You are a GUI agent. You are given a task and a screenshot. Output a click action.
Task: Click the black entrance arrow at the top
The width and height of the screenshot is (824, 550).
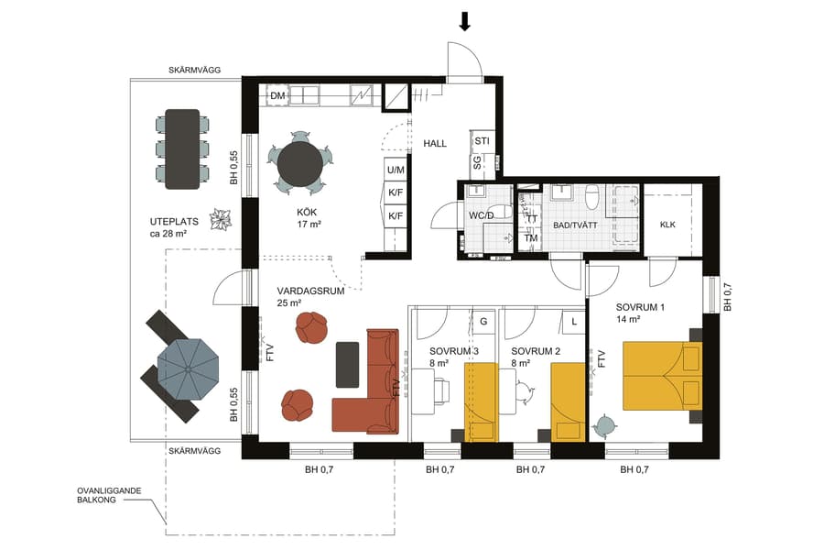pyautogui.click(x=465, y=21)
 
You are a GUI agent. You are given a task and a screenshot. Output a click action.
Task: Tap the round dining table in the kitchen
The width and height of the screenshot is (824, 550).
pyautogui.click(x=301, y=163)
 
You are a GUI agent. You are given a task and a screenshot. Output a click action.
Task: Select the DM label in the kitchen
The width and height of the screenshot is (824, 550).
pyautogui.click(x=277, y=96)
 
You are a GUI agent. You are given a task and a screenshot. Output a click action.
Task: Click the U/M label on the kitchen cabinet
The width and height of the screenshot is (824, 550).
pyautogui.click(x=396, y=170)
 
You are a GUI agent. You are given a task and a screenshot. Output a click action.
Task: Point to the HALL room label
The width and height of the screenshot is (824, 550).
pyautogui.click(x=434, y=144)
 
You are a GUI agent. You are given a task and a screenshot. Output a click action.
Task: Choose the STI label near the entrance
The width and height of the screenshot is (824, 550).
pyautogui.click(x=482, y=141)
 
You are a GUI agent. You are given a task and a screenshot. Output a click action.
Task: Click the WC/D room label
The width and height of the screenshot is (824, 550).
pyautogui.click(x=482, y=214)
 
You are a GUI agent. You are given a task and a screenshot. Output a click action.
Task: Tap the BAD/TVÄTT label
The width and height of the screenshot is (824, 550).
pyautogui.click(x=574, y=224)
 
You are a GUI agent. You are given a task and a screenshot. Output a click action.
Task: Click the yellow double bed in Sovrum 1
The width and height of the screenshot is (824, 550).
pyautogui.click(x=655, y=376)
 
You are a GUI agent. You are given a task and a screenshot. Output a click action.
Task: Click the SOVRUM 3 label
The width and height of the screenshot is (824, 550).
pyautogui.click(x=454, y=351)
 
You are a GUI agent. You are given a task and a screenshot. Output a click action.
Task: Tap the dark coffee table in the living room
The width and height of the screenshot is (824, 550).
pyautogui.click(x=348, y=364)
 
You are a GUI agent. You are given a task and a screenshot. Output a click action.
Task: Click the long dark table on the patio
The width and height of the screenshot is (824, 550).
pyautogui.click(x=181, y=148)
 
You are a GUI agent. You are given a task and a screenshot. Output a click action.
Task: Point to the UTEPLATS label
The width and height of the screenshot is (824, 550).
pyautogui.click(x=174, y=222)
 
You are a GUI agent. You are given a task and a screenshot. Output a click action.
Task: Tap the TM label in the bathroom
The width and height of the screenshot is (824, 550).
pyautogui.click(x=530, y=239)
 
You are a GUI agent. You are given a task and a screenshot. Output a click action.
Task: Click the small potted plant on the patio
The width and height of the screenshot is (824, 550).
pyautogui.click(x=221, y=220)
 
